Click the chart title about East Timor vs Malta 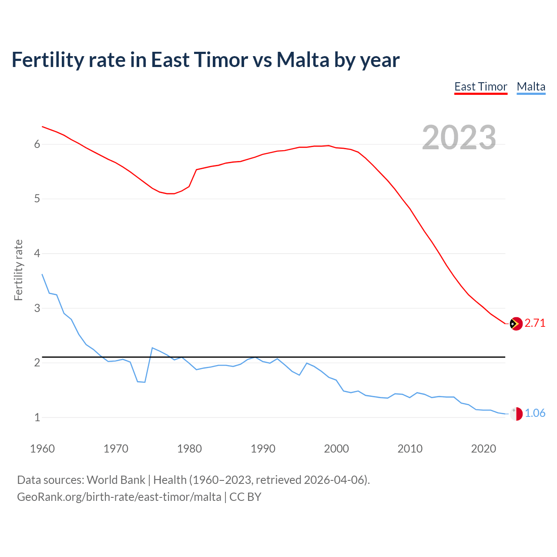(x=205, y=60)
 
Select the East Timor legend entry (x=481, y=87)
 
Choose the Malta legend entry (x=531, y=87)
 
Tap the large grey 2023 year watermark (x=459, y=138)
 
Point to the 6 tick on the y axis (x=37, y=144)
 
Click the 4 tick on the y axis (x=37, y=253)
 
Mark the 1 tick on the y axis (x=37, y=417)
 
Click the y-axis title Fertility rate (x=18, y=270)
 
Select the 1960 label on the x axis (x=42, y=449)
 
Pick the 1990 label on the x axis (x=263, y=449)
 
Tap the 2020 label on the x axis (x=483, y=449)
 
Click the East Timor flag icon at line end (x=516, y=324)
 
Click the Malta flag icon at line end (x=516, y=414)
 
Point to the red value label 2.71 (x=535, y=323)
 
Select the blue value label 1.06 (x=535, y=413)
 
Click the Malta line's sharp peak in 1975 (x=152, y=348)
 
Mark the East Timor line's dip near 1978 (x=171, y=194)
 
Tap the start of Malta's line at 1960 (x=42, y=274)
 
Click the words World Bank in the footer (x=116, y=480)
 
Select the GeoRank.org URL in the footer (x=119, y=497)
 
